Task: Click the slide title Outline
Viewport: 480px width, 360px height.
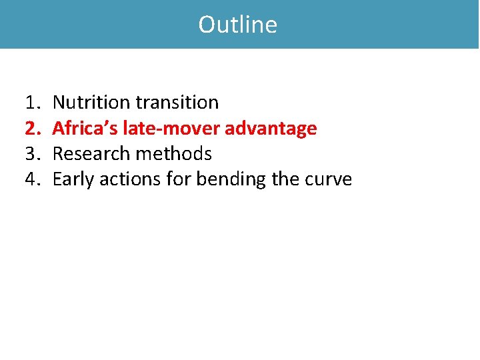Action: click(x=238, y=25)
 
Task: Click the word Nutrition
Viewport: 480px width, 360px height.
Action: click(x=91, y=103)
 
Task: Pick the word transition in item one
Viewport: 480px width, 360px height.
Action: click(x=177, y=103)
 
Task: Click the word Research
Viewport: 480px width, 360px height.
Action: click(x=91, y=154)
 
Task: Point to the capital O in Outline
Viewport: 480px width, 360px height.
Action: click(x=207, y=25)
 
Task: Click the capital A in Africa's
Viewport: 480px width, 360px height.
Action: click(x=58, y=128)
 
